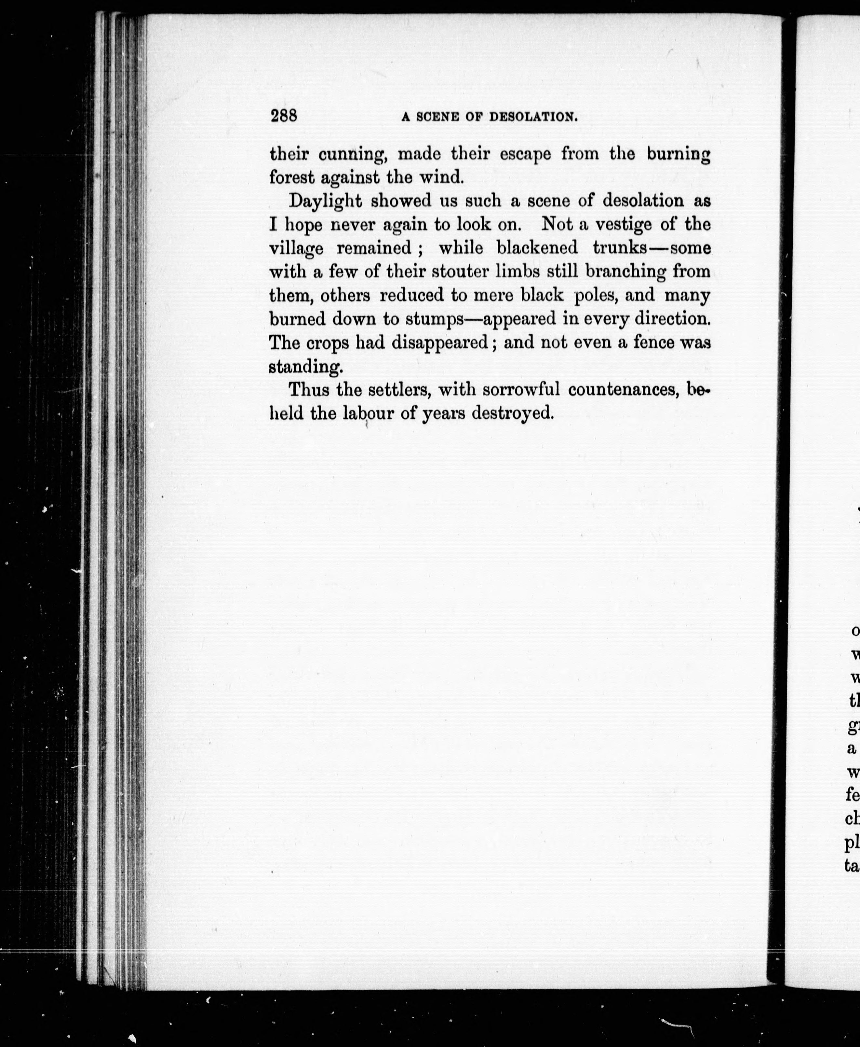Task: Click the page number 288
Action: (283, 116)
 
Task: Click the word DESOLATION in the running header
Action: (533, 118)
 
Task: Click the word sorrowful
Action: (521, 390)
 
